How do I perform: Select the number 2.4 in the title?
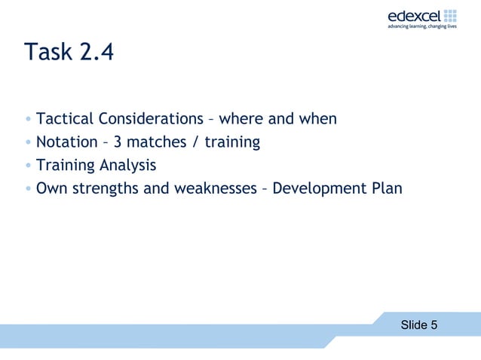point(97,52)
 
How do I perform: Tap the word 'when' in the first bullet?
point(317,119)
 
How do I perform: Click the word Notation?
point(66,142)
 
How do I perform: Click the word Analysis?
point(127,165)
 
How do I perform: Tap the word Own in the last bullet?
point(50,188)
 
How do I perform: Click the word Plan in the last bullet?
point(387,188)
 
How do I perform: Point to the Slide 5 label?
point(418,325)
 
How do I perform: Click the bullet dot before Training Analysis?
point(28,166)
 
